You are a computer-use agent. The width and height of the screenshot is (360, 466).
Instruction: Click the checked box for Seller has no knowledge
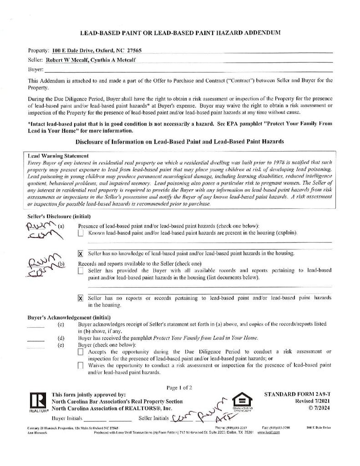pyautogui.click(x=81, y=253)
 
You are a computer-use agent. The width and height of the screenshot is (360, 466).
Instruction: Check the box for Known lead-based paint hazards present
pyautogui.click(x=81, y=233)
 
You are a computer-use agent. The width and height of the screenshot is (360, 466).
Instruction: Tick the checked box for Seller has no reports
pyautogui.click(x=81, y=298)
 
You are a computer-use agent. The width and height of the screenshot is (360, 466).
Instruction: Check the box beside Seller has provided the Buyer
pyautogui.click(x=81, y=271)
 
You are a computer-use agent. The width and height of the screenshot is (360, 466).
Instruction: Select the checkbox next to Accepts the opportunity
pyautogui.click(x=81, y=352)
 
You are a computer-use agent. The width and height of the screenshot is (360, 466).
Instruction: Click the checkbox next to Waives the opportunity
pyautogui.click(x=81, y=365)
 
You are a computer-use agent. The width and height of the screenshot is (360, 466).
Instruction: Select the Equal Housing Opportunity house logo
pyautogui.click(x=242, y=402)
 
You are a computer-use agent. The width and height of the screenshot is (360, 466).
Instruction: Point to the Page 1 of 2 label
pyautogui.click(x=179, y=388)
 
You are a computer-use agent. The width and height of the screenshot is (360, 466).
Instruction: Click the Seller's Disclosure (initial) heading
pyautogui.click(x=59, y=217)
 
